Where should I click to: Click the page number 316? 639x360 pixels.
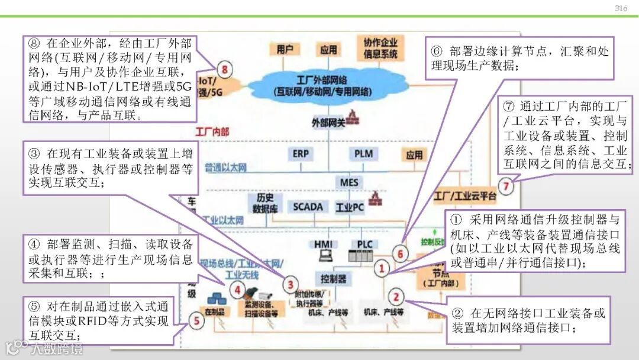click(x=621, y=8)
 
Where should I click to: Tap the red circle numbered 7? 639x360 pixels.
click(x=505, y=187)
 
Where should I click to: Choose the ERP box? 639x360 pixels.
click(x=301, y=154)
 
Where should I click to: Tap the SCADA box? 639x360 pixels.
click(x=308, y=207)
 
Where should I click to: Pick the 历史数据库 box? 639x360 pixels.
click(x=264, y=203)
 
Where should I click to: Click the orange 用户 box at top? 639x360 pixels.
click(x=285, y=50)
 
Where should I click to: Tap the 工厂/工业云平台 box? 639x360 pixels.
click(x=464, y=195)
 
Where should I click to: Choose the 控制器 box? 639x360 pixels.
click(x=334, y=279)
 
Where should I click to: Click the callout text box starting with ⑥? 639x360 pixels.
click(x=519, y=58)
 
